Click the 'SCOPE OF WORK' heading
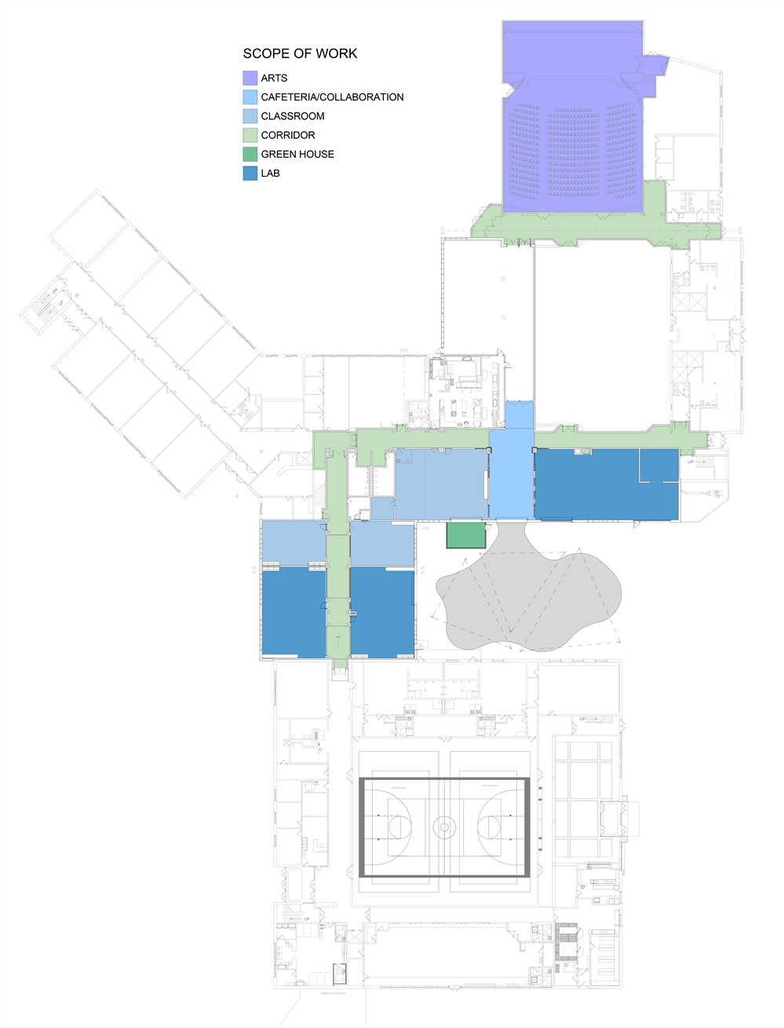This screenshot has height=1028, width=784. point(300,53)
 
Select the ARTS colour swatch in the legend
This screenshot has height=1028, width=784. point(250,78)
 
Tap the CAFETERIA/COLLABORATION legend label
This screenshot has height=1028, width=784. point(332,97)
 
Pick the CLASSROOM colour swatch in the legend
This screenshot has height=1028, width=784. point(250,116)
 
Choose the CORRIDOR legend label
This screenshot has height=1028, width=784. point(288,135)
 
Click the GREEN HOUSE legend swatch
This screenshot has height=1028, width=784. point(250,155)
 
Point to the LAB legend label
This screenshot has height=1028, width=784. point(270,173)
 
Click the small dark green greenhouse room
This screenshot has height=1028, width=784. point(466,534)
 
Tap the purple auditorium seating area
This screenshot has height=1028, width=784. point(573,149)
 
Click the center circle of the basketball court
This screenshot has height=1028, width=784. point(444,827)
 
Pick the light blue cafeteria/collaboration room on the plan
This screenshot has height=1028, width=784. point(512,479)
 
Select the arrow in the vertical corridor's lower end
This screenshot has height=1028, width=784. point(337,641)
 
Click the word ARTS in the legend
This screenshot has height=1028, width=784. point(274,78)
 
